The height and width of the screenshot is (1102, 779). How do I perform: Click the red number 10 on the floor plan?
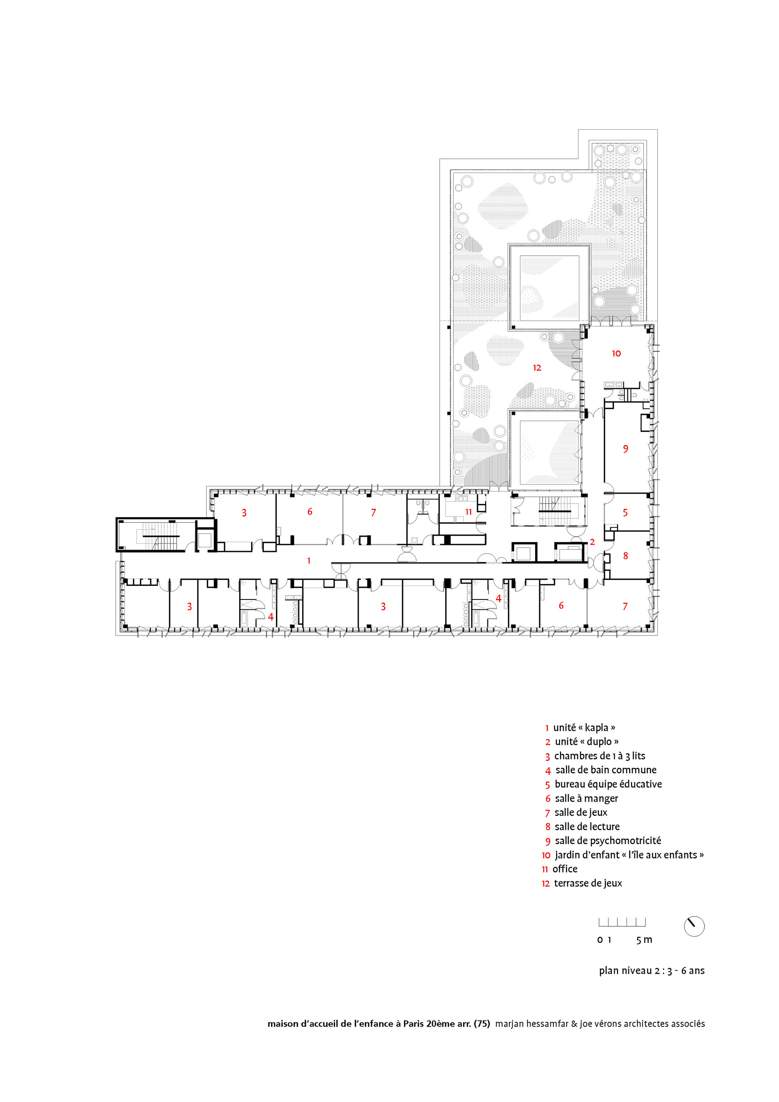coord(616,353)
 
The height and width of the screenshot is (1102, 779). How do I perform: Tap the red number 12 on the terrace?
coord(537,368)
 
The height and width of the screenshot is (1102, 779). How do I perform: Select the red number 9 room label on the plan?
coord(626,449)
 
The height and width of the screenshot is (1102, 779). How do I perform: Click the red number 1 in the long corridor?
coord(308,560)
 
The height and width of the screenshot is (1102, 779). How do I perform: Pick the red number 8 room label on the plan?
coord(626,555)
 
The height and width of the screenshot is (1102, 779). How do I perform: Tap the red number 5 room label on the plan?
coord(626,513)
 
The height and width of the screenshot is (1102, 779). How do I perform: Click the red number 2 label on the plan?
coord(592,542)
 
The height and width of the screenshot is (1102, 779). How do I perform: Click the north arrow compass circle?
coord(694,926)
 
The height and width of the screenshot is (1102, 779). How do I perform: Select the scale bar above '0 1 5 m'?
coord(622,922)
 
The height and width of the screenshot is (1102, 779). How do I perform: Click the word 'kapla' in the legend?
coord(597,728)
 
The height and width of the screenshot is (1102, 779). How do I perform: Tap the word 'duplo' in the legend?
coord(599,742)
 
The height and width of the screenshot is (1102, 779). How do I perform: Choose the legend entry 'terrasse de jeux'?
coord(588,883)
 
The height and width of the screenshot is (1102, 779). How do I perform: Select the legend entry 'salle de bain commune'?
coord(606,770)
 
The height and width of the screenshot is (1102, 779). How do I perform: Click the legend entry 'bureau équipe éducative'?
coord(608,784)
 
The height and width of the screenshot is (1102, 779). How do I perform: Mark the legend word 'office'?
coord(565,869)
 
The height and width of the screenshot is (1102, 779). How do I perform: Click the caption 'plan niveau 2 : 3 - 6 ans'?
coord(652,970)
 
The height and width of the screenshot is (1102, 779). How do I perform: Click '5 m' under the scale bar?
coord(644,940)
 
